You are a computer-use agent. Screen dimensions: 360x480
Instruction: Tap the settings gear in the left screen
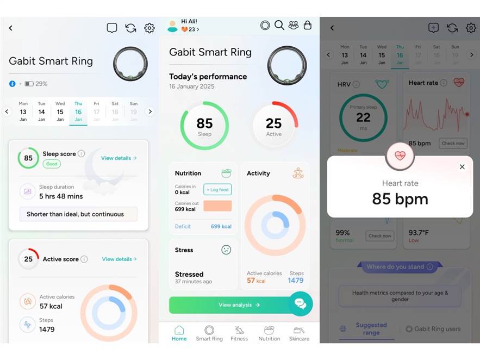(x=149, y=28)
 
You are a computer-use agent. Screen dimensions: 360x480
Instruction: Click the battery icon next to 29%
(x=29, y=84)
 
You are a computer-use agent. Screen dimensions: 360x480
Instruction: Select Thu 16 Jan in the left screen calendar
(x=78, y=111)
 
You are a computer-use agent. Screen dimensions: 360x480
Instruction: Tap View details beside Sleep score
(x=119, y=158)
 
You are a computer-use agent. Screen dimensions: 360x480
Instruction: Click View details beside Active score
(x=119, y=259)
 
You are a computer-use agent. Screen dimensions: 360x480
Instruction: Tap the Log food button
(x=217, y=189)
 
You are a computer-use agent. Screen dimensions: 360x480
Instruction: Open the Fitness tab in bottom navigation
(x=239, y=333)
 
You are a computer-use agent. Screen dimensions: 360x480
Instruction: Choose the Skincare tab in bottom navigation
(x=299, y=333)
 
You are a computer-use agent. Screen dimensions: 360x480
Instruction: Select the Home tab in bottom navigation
(x=179, y=333)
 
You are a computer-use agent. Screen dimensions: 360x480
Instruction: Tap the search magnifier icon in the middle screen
(x=279, y=25)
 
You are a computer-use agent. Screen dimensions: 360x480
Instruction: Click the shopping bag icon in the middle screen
(x=308, y=25)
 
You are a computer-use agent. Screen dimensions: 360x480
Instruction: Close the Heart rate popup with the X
(x=462, y=167)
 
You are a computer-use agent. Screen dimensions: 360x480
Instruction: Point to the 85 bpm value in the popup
(x=400, y=199)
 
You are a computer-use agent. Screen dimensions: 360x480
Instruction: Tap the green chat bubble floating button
(x=301, y=304)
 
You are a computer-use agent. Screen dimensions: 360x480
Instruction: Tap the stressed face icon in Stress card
(x=226, y=250)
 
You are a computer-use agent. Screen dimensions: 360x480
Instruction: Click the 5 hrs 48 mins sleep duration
(x=61, y=196)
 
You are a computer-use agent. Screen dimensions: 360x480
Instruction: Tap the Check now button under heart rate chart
(x=453, y=144)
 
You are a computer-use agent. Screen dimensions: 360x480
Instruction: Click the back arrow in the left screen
(x=10, y=28)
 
